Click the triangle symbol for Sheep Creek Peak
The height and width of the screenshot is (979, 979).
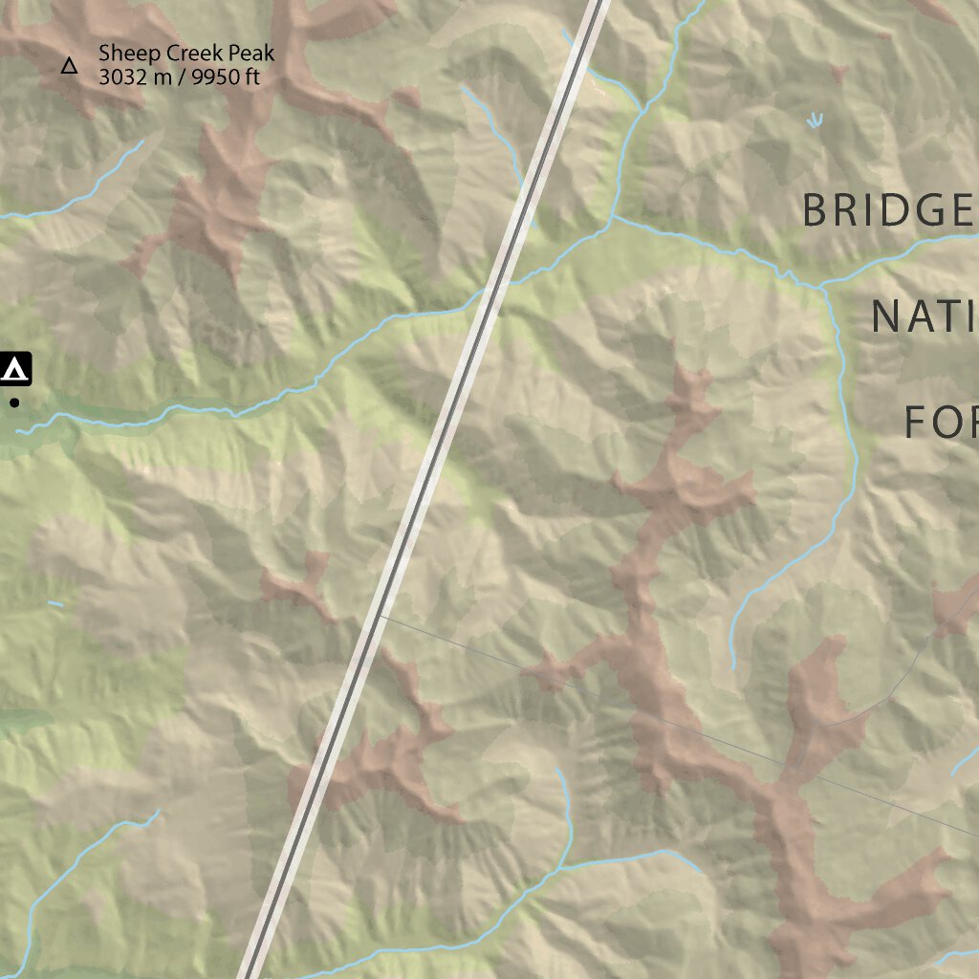click(x=69, y=66)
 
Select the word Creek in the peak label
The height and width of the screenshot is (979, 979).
click(x=180, y=54)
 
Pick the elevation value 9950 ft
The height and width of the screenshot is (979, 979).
click(x=225, y=77)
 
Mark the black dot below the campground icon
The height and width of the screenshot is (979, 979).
click(x=14, y=403)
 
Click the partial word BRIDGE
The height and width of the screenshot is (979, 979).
click(x=888, y=210)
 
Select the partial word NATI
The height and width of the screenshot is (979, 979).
click(x=924, y=316)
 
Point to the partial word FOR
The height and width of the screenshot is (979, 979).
click(x=941, y=422)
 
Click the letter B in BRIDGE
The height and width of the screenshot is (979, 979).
click(x=816, y=210)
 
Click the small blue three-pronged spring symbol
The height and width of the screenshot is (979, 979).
click(x=815, y=120)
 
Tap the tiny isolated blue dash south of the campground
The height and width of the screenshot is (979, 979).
click(x=55, y=603)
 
